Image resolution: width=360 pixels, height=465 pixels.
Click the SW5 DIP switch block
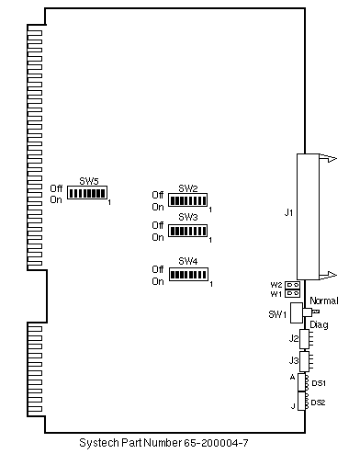point(87,193)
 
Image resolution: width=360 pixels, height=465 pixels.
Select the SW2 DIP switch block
point(188,200)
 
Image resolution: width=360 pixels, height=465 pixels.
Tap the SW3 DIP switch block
point(188,231)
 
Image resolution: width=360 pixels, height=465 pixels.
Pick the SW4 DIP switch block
point(188,275)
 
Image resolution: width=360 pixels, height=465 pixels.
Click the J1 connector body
point(308,217)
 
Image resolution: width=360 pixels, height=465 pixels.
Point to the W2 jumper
point(292,285)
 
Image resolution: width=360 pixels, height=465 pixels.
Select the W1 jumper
point(292,293)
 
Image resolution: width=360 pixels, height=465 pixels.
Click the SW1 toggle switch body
point(297,312)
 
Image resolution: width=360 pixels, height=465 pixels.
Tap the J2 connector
point(304,339)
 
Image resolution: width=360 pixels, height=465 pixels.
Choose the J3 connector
point(304,361)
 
